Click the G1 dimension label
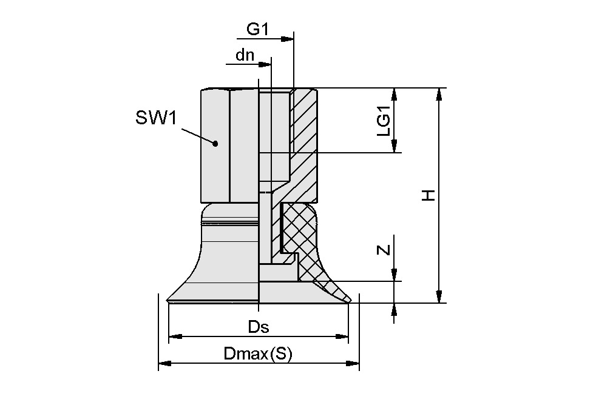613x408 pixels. click(x=257, y=29)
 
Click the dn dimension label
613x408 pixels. click(x=245, y=55)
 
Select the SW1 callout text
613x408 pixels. click(x=156, y=118)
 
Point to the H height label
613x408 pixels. click(x=428, y=195)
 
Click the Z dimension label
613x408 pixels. click(x=384, y=249)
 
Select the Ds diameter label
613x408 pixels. click(x=259, y=327)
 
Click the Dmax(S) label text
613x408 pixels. click(x=258, y=354)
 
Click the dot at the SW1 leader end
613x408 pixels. click(x=215, y=144)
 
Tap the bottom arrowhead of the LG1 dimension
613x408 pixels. click(x=395, y=146)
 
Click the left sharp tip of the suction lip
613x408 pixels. click(x=168, y=299)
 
